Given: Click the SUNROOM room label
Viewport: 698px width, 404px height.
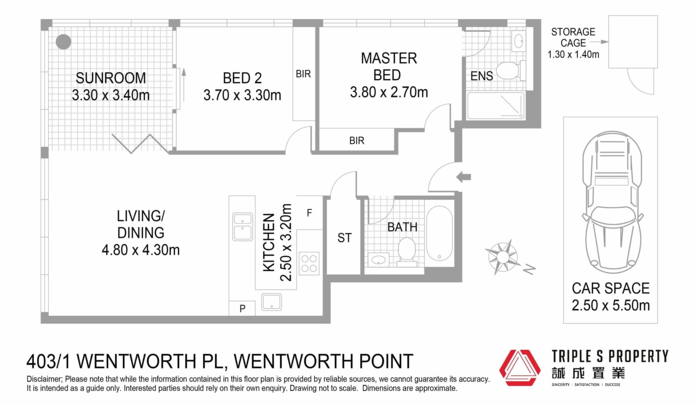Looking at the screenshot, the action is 111,78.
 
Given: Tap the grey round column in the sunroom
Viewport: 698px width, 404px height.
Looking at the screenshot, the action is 64,42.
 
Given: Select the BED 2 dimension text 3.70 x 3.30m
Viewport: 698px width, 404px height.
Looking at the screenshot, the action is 242,95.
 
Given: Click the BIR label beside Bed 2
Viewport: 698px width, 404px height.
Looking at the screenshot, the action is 303,74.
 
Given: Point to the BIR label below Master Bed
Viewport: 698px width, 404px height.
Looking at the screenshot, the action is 357,141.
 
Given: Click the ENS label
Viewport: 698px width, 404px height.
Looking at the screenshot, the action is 482,76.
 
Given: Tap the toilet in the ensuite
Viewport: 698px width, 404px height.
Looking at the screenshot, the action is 511,70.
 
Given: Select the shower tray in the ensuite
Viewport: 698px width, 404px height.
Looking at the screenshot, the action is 496,106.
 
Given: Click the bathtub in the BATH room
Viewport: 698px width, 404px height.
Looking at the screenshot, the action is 439,233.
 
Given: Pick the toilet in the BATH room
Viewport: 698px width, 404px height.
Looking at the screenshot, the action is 407,252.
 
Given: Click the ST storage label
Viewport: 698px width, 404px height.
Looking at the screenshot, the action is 344,238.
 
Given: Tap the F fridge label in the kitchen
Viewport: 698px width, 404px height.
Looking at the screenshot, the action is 309,213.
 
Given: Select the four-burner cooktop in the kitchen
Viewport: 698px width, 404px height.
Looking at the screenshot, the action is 309,263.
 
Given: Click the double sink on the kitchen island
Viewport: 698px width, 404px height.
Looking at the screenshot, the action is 242,227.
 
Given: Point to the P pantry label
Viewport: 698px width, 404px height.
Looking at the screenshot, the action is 242,308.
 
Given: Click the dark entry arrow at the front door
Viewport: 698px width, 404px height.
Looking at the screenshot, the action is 464,177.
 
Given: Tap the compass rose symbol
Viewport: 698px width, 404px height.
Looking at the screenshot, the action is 503,257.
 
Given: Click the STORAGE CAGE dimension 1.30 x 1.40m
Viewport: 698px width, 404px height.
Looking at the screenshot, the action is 573,54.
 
